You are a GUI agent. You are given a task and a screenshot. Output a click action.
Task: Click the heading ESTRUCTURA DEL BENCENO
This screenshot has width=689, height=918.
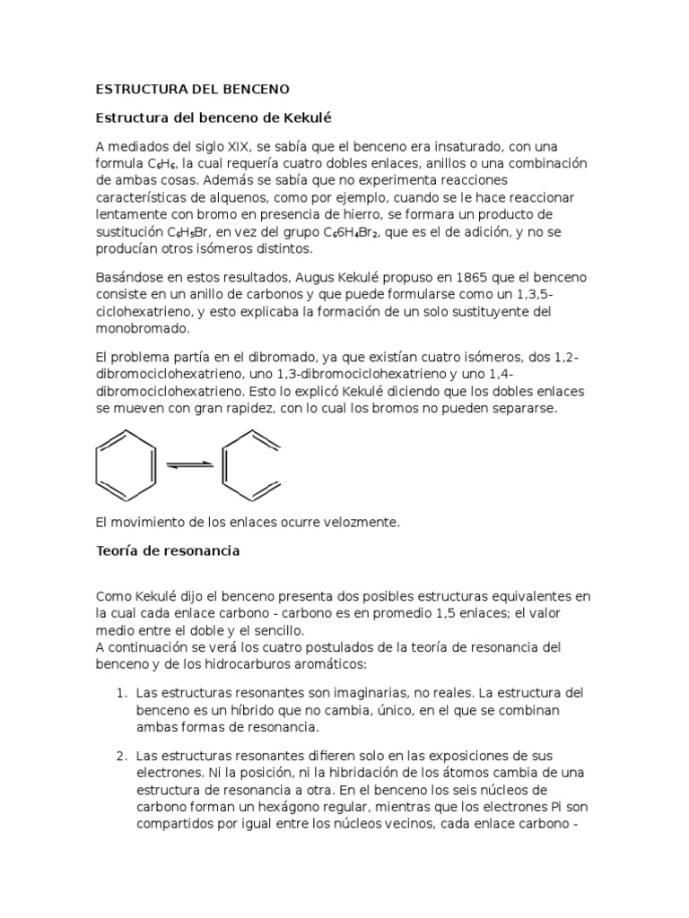[x=193, y=90]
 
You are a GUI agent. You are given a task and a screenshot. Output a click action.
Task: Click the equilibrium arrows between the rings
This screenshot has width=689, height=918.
[x=189, y=463]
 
